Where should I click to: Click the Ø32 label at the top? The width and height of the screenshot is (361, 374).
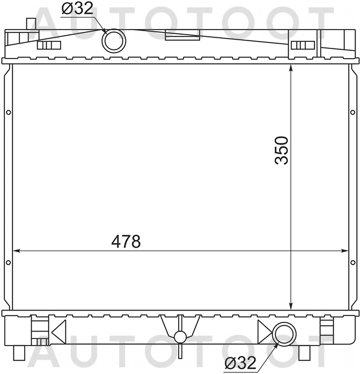[77, 9]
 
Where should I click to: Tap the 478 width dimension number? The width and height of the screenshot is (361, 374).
[126, 242]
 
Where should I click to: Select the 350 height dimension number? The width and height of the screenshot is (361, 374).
[282, 150]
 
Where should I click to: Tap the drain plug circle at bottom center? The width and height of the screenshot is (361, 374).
[180, 337]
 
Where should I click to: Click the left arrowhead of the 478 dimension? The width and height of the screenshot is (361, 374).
[16, 251]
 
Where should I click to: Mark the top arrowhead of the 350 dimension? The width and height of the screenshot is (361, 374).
[290, 68]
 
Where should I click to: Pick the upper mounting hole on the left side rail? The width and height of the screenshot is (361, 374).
[8, 112]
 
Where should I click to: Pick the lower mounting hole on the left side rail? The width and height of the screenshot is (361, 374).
[8, 263]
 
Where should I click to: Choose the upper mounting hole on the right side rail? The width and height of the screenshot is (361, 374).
[352, 112]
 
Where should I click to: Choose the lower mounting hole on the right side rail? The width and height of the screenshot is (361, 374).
[352, 263]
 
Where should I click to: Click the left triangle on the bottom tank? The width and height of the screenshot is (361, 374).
[59, 329]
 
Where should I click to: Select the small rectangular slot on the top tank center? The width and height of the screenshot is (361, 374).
[182, 37]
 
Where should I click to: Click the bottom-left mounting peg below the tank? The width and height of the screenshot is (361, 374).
[19, 351]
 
